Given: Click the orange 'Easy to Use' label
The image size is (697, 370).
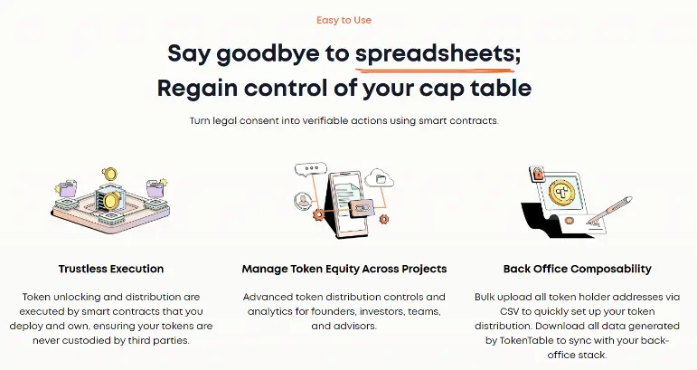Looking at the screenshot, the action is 344,20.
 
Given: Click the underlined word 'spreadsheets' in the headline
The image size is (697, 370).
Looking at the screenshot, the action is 434,53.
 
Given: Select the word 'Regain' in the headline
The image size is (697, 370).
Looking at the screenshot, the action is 197,89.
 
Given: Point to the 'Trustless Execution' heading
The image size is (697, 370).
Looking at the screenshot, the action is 111,269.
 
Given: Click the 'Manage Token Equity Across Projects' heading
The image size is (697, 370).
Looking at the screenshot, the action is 344,269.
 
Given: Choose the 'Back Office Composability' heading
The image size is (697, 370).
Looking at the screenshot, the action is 578,269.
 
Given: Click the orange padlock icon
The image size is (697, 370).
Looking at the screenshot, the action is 537,174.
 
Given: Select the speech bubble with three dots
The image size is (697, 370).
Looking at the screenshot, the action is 311,169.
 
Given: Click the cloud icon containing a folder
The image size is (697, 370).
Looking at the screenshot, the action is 379,178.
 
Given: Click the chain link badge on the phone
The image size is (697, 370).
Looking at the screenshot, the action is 360,208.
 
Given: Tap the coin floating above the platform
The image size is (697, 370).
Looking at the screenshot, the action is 108,174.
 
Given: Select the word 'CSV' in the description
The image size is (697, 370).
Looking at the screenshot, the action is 509,311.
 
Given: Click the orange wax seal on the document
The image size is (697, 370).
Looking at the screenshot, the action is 569,221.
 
